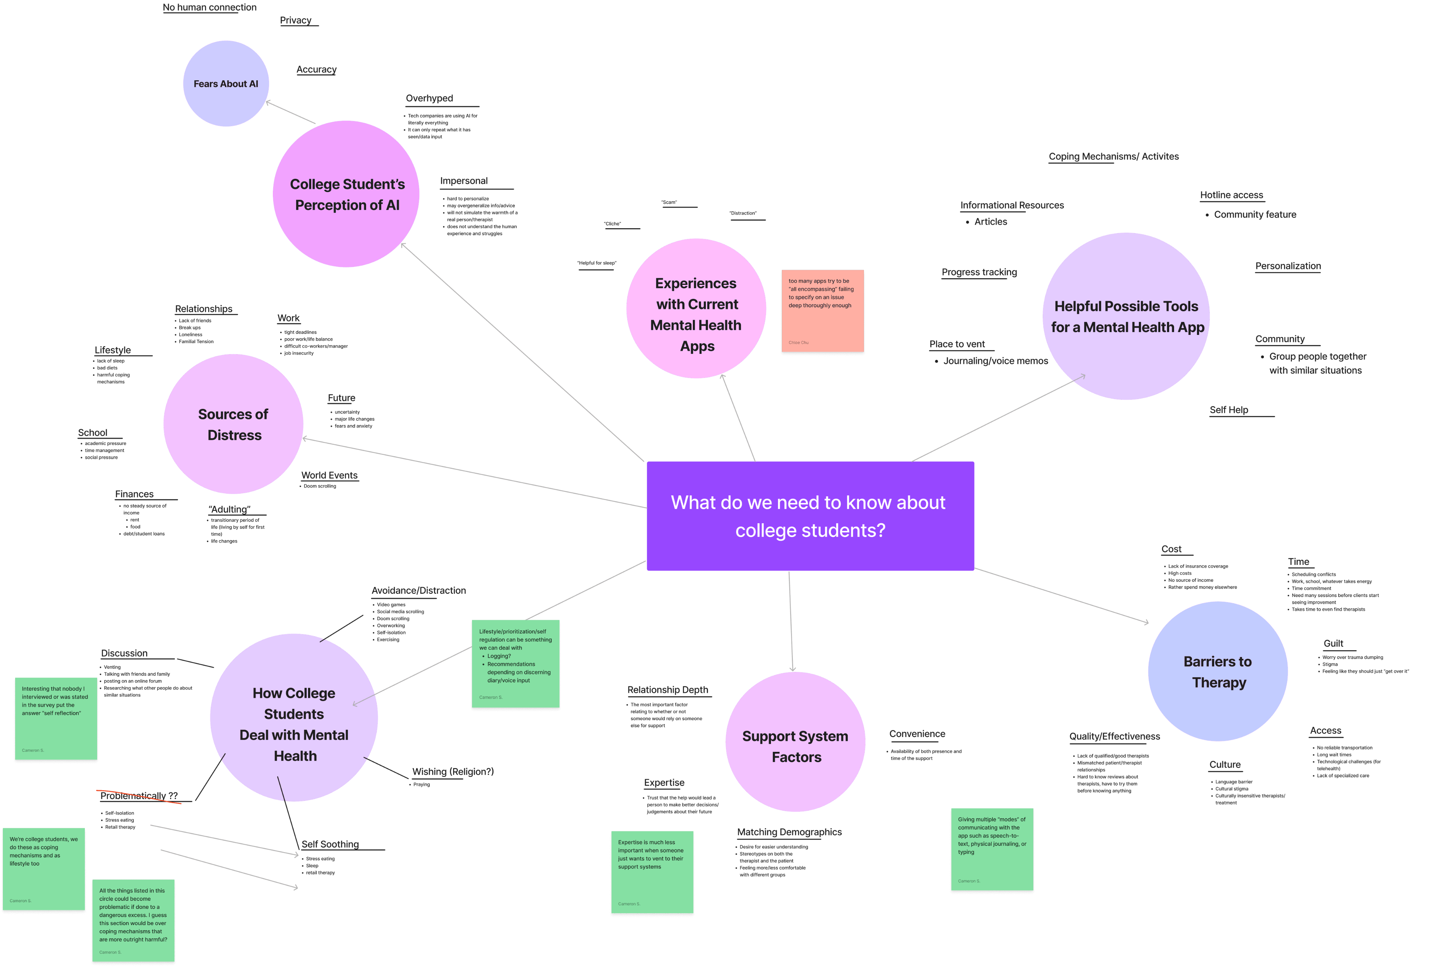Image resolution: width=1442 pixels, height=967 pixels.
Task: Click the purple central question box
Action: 810,516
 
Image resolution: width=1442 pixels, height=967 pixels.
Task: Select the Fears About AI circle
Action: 226,84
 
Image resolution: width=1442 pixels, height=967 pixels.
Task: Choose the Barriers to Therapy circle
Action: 1218,672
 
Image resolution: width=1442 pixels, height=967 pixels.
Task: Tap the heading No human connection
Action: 209,7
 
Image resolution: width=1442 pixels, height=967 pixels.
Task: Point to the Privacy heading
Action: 296,20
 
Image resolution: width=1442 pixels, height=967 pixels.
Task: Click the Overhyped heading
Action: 429,98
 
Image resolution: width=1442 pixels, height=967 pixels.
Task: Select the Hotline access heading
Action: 1231,195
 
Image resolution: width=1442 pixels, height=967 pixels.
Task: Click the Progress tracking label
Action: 979,272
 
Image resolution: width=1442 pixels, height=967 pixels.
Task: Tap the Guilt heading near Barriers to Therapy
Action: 1333,643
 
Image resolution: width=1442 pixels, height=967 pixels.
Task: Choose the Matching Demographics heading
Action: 789,832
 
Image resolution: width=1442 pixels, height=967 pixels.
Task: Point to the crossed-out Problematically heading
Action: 139,796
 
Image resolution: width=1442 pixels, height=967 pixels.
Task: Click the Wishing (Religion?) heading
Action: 452,772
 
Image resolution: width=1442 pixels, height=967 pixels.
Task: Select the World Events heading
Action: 329,475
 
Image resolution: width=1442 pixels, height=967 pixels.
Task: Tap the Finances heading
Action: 134,494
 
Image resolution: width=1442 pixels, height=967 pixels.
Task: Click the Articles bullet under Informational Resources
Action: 990,222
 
